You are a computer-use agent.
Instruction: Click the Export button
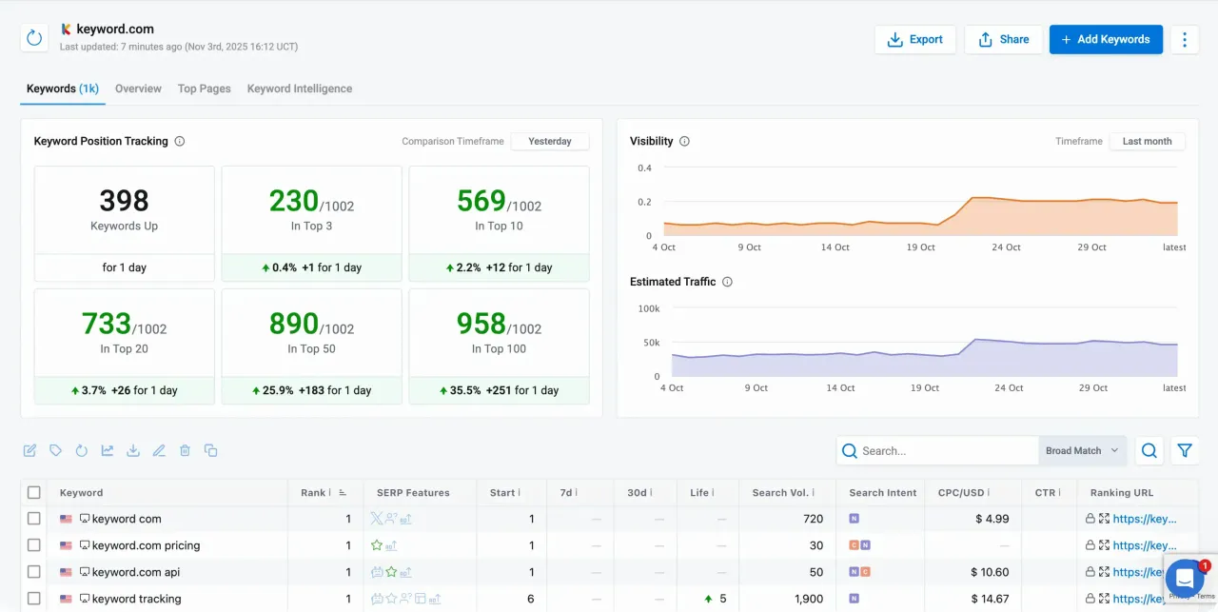pyautogui.click(x=914, y=39)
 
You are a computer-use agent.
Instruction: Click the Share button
pyautogui.click(x=1003, y=39)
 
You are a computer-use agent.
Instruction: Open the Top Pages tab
pyautogui.click(x=204, y=89)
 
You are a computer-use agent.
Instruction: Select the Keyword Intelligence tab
pyautogui.click(x=299, y=89)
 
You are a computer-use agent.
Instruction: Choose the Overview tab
pyautogui.click(x=138, y=89)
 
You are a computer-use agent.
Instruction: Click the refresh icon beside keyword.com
pyautogui.click(x=34, y=38)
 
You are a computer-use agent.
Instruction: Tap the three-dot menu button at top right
pyautogui.click(x=1185, y=39)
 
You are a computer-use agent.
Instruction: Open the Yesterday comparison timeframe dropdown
pyautogui.click(x=550, y=141)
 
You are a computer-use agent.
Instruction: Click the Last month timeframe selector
pyautogui.click(x=1147, y=141)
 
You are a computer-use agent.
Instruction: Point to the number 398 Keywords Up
pyautogui.click(x=124, y=201)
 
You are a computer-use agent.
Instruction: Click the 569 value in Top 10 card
pyautogui.click(x=481, y=201)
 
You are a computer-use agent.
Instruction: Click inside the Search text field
pyautogui.click(x=942, y=451)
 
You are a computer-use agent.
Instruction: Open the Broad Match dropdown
pyautogui.click(x=1082, y=451)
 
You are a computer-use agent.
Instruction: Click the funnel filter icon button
pyautogui.click(x=1185, y=451)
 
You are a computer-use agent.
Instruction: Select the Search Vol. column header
pyautogui.click(x=780, y=493)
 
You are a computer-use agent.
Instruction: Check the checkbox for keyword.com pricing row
pyautogui.click(x=34, y=545)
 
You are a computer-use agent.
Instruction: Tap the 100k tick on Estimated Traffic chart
pyautogui.click(x=648, y=309)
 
